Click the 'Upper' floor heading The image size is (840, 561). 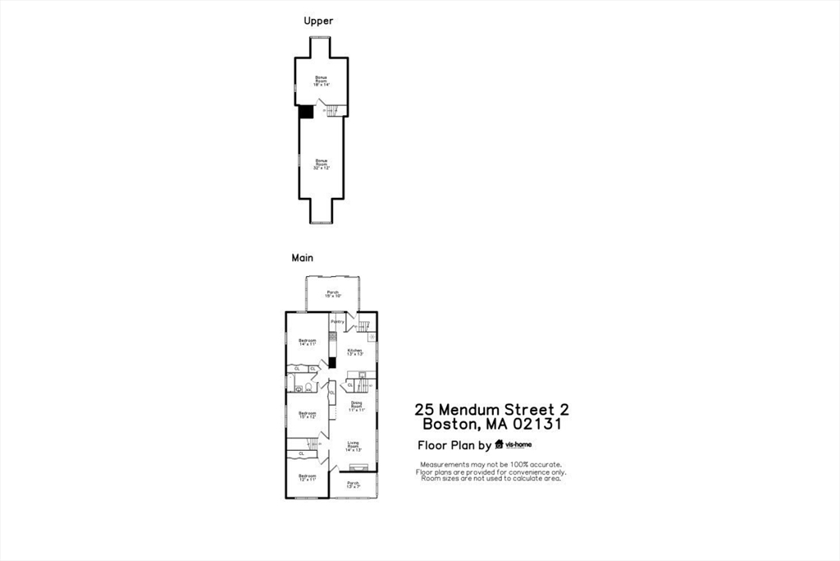pyautogui.click(x=318, y=21)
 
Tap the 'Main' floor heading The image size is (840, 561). pyautogui.click(x=303, y=258)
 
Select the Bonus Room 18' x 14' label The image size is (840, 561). pyautogui.click(x=322, y=80)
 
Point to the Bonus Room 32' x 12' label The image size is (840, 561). pyautogui.click(x=322, y=163)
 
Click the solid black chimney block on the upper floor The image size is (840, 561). pyautogui.click(x=305, y=111)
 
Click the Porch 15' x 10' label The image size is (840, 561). pyautogui.click(x=333, y=294)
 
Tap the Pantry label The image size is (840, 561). pyautogui.click(x=337, y=322)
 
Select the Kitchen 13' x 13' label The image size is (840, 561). pyautogui.click(x=354, y=352)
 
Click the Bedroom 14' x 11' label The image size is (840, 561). pyautogui.click(x=308, y=343)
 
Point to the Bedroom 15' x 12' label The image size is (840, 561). pyautogui.click(x=308, y=415)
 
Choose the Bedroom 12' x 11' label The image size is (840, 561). pyautogui.click(x=308, y=478)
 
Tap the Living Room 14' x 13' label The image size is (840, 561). pyautogui.click(x=354, y=448)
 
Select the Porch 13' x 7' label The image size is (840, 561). pyautogui.click(x=354, y=484)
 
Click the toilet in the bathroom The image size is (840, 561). pyautogui.click(x=309, y=387)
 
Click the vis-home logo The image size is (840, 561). pyautogui.click(x=514, y=445)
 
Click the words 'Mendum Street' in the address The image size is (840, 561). pyautogui.click(x=497, y=409)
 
